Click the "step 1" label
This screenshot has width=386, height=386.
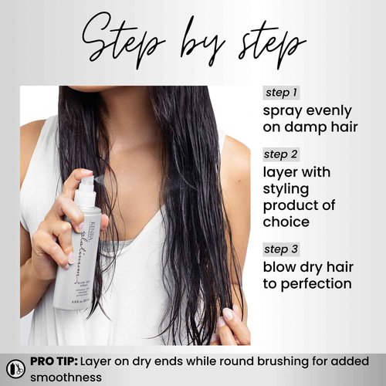(x=281, y=93)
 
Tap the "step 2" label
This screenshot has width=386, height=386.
(x=281, y=154)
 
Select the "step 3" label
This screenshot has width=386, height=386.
(x=281, y=249)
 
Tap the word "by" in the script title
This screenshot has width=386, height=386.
(x=205, y=42)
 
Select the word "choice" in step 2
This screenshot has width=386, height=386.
(x=287, y=222)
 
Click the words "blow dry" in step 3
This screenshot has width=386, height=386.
(x=295, y=266)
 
